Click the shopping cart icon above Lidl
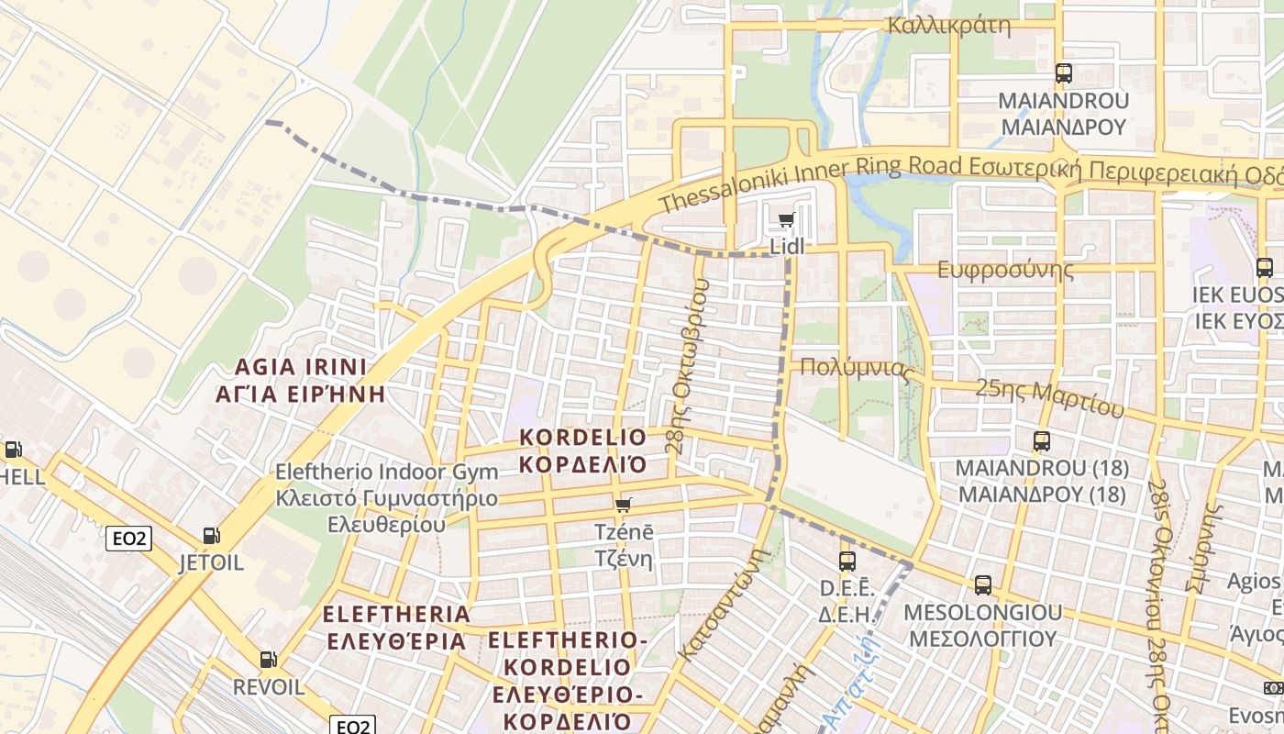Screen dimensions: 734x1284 point(786,220)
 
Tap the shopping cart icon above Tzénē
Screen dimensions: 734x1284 point(624,505)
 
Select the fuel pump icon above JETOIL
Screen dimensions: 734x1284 point(211,536)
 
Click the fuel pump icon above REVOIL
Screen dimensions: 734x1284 point(268,659)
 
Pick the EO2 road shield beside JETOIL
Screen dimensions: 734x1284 point(129,539)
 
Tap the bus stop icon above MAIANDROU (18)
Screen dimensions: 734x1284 point(1041,441)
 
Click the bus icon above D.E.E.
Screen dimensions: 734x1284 point(847,561)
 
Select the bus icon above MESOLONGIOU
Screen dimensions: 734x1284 point(983,584)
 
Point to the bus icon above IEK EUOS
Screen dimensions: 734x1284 point(1265,268)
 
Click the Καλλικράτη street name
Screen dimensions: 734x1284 point(948,25)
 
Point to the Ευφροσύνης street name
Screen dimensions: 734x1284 point(1005,270)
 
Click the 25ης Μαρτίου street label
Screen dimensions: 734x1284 point(1049,396)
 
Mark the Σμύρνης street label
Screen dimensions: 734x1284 point(1206,550)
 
